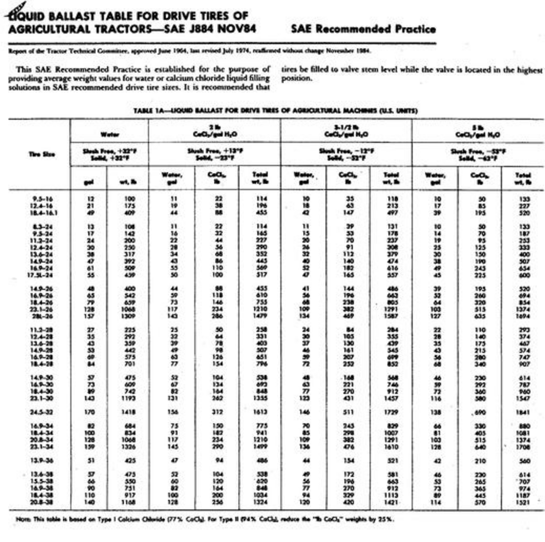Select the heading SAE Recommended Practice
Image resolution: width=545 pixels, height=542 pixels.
[x=363, y=29]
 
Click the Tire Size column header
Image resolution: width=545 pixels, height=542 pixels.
[x=42, y=154]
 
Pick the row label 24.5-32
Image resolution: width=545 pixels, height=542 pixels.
[x=42, y=412]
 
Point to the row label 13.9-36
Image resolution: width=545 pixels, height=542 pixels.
[x=42, y=460]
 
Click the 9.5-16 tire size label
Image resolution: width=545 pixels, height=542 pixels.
[x=43, y=199]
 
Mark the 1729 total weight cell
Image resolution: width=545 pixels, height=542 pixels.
[x=392, y=412]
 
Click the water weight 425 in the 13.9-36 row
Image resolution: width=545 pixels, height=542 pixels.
[x=130, y=460]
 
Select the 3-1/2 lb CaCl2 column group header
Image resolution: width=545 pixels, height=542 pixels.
[x=346, y=131]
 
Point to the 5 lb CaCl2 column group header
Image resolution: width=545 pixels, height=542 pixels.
[x=478, y=131]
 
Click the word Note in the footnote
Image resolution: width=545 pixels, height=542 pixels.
[x=23, y=519]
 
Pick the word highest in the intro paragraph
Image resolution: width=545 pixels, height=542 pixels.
[x=529, y=70]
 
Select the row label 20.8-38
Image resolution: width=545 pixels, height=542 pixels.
[x=42, y=502]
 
